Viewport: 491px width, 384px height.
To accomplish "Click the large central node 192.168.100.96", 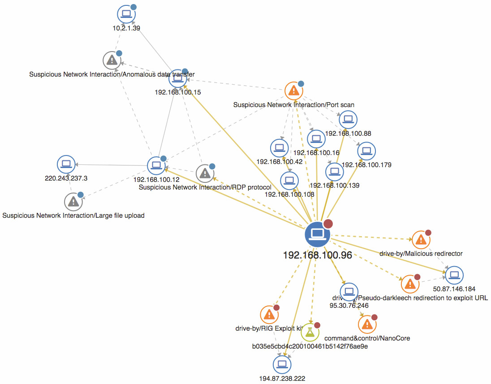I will point(317,233).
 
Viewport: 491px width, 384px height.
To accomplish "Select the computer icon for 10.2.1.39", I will point(126,14).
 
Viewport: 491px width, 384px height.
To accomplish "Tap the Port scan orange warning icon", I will point(293,91).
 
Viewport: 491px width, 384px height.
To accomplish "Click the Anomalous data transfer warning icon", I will point(112,60).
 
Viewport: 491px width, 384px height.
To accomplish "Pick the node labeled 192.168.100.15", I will point(178,79).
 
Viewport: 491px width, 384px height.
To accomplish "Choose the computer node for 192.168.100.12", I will point(156,165).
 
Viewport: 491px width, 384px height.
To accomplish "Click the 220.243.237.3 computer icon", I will point(66,164).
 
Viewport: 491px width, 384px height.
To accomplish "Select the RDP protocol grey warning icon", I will point(204,173).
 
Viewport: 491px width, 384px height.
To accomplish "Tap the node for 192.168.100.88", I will point(348,119).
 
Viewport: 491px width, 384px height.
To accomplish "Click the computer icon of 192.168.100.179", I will point(366,151).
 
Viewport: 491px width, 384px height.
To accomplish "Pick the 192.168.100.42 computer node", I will point(280,147).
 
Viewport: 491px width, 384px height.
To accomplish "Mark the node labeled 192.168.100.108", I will point(289,180).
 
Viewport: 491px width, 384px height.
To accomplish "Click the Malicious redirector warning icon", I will point(421,240).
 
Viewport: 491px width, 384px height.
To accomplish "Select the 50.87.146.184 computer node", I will point(454,275).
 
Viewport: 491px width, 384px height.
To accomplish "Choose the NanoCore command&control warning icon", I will point(367,324).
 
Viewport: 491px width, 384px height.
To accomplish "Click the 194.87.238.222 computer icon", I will point(282,364).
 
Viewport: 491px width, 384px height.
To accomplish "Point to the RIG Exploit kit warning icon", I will point(269,315).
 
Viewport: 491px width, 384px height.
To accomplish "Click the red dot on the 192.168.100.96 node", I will point(328,224).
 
